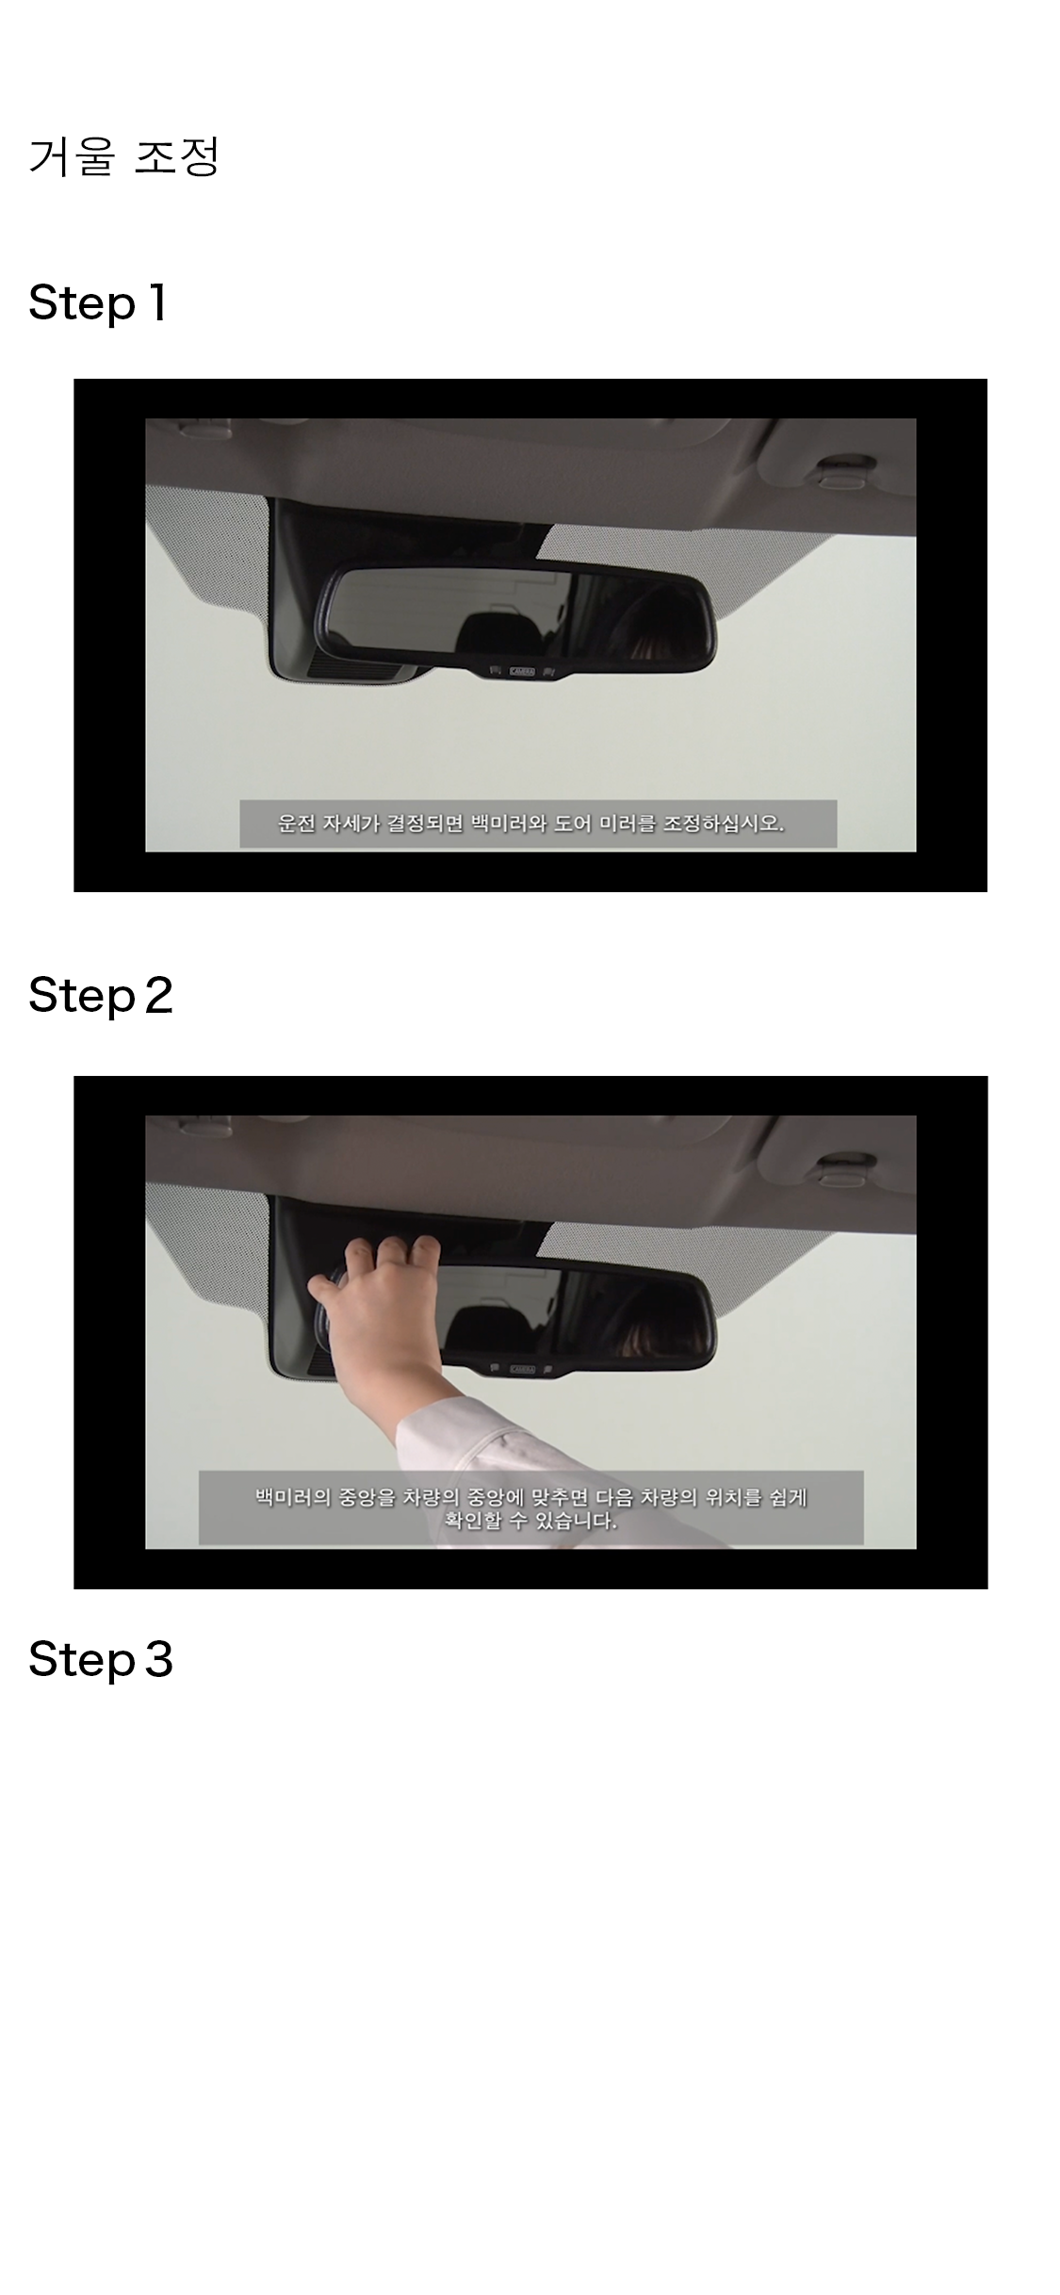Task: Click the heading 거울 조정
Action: [x=123, y=156]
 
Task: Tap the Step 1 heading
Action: [x=98, y=303]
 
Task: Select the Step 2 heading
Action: [x=101, y=996]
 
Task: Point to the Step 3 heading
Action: [x=101, y=1659]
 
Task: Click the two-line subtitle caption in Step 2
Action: [x=531, y=1508]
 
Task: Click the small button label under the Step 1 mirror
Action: [x=522, y=672]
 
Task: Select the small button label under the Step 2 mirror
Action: [x=522, y=1369]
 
